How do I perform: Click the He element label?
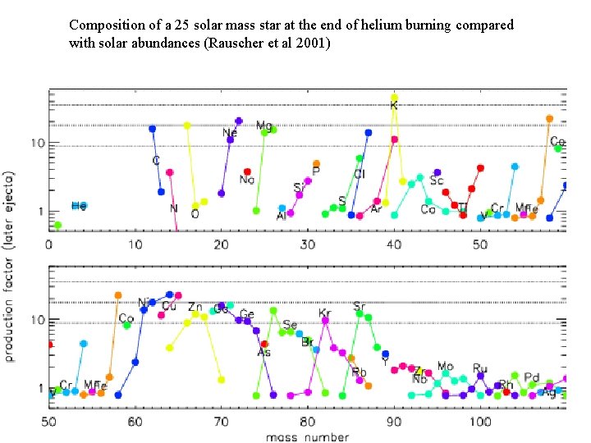79,206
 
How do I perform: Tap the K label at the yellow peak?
394,106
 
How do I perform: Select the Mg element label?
263,126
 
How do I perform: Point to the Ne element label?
230,133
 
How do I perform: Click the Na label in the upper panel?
246,180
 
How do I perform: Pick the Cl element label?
360,175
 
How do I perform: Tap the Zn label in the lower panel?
195,308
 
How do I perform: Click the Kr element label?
325,313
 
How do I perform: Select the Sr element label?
359,307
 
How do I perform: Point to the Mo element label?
445,367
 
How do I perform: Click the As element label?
263,353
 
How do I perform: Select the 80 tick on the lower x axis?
308,422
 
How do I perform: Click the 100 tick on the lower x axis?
479,422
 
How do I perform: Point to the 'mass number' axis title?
307,436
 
